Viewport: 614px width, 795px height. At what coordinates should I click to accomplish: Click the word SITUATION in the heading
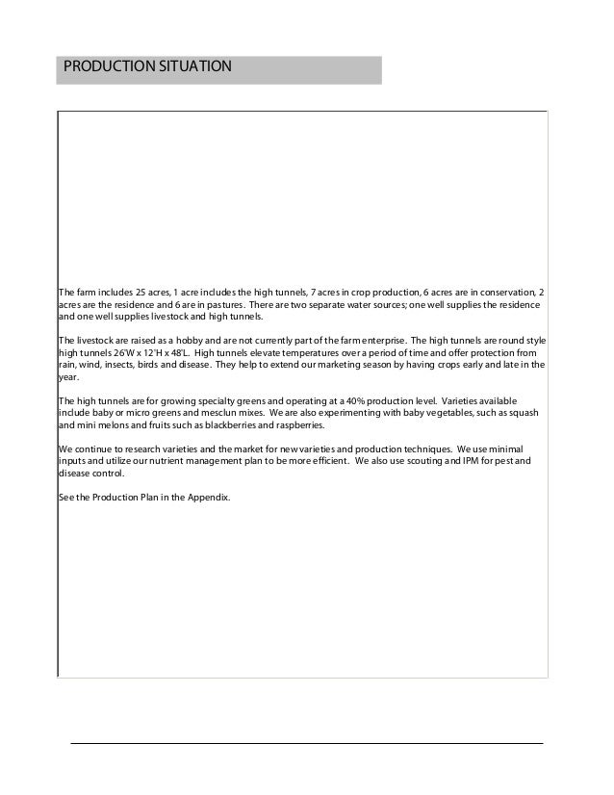point(192,68)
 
